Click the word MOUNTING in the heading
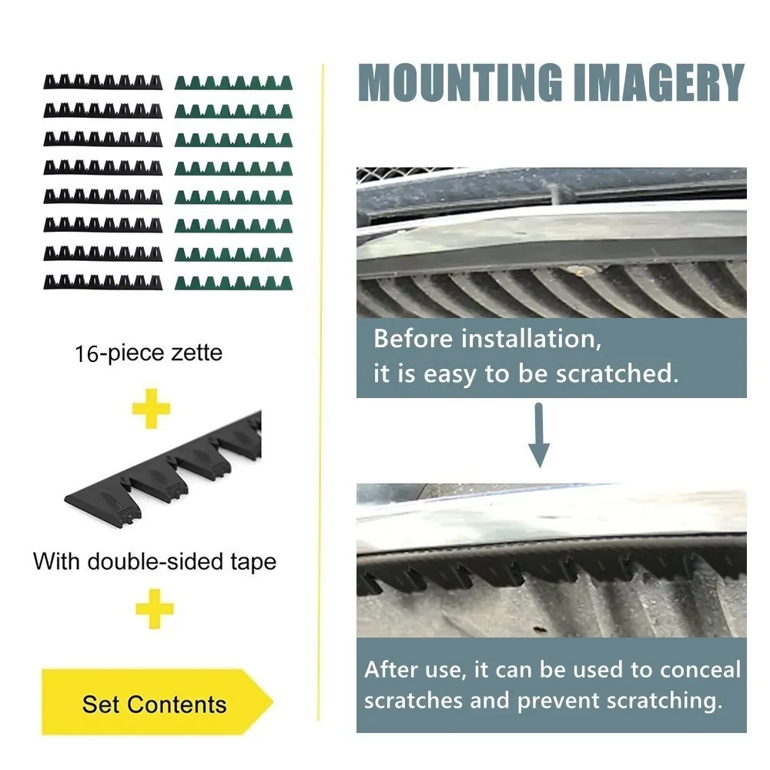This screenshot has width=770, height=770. point(460,82)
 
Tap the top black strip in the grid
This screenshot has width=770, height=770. point(102,82)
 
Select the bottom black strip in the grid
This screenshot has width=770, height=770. point(102,282)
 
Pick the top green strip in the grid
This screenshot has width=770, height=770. point(233,83)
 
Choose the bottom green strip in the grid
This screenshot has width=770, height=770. point(233,283)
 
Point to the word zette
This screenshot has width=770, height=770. point(196,353)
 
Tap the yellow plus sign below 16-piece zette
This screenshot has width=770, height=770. point(151,409)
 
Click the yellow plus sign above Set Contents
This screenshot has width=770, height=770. point(155,609)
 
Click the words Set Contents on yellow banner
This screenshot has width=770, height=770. point(154,705)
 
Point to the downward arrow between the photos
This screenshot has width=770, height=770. point(539,435)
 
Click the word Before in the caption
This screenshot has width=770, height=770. point(413,339)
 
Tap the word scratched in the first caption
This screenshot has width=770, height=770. point(618,373)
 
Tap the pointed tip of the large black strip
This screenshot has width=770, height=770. point(65,500)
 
